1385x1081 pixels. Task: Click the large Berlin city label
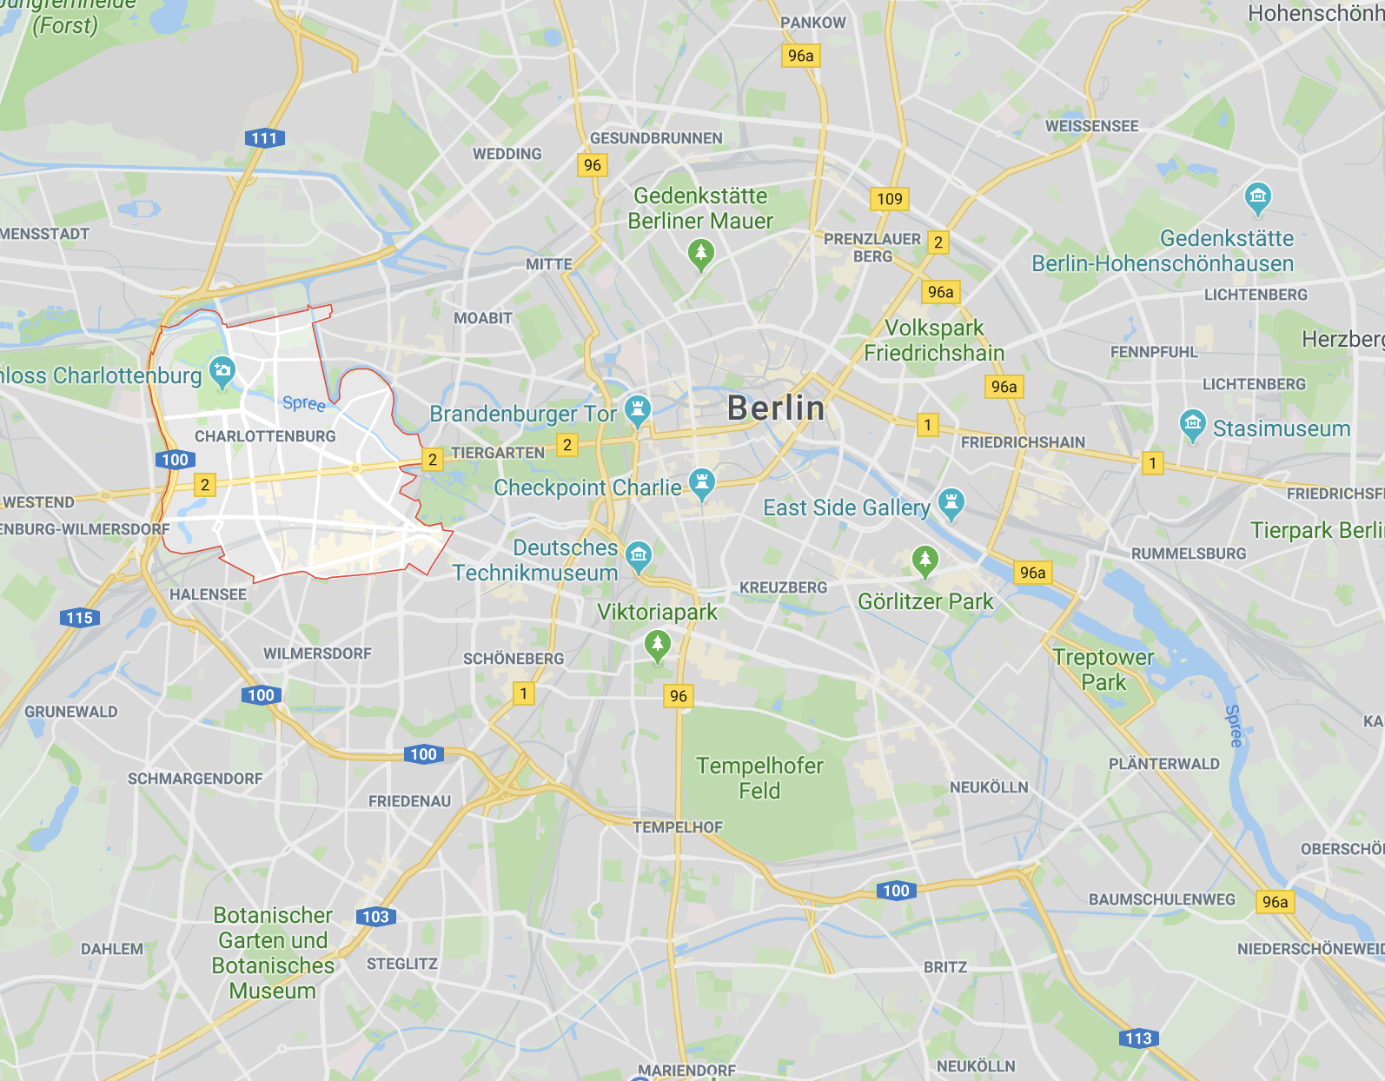[x=776, y=408]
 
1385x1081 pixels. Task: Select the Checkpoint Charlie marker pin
[x=701, y=483]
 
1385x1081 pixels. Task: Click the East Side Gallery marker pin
[x=951, y=502]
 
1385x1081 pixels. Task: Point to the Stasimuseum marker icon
[x=1192, y=425]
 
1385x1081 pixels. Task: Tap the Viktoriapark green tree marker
[x=658, y=646]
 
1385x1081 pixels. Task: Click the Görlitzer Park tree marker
[x=924, y=560]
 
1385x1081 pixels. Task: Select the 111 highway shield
[x=264, y=138]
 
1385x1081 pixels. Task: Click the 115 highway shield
[x=80, y=618]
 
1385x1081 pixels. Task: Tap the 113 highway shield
[x=1138, y=1038]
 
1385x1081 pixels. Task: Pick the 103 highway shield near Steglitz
[x=375, y=916]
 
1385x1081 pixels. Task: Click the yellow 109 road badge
[x=889, y=199]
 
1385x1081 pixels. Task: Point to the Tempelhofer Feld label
[x=759, y=778]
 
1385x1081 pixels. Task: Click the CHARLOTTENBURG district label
[x=265, y=436]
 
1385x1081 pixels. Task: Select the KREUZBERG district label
[x=783, y=587]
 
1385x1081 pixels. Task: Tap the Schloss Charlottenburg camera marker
[x=222, y=371]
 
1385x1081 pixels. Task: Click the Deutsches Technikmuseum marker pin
[x=639, y=555]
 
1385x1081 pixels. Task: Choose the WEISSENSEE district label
[x=1091, y=126]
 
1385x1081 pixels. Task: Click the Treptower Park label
[x=1103, y=669]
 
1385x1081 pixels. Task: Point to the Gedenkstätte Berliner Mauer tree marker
[x=700, y=254]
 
